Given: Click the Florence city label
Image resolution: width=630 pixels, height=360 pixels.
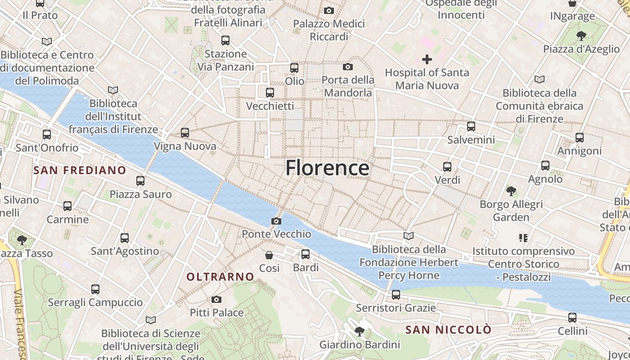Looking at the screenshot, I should point(327,168).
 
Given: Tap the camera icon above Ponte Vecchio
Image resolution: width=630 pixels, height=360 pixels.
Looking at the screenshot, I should point(276,221).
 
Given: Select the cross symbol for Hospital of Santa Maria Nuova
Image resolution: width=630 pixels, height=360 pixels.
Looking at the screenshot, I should point(427,59).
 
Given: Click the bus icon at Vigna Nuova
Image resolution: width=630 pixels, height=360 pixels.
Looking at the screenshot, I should point(185,133).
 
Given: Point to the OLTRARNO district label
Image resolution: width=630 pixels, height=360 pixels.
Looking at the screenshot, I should point(220,277).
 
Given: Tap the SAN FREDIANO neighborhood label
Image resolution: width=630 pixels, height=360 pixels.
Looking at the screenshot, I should point(80,170).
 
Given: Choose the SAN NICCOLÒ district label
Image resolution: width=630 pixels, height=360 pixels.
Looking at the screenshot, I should point(448,330).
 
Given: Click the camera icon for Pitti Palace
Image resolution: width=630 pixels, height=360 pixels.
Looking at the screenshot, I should point(216,299).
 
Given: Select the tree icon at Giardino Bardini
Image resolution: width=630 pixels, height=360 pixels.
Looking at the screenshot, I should point(359,332).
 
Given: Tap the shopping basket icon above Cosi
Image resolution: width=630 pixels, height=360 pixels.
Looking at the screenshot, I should point(269,255).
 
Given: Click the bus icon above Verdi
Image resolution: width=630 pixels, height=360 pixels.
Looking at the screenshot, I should point(447,167).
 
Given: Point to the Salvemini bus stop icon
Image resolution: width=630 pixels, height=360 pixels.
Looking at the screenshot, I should point(471,126).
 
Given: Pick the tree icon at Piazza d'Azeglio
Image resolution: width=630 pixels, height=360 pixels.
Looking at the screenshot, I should point(581,36).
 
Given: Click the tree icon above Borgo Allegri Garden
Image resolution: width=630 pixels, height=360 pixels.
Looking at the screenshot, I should point(511,191).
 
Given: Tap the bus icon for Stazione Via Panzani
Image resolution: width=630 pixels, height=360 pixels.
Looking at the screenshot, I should point(225,40).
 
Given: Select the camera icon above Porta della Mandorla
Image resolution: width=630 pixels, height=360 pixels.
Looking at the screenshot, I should point(347,67).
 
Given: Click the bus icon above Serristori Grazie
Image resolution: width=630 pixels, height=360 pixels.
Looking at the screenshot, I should point(396,295).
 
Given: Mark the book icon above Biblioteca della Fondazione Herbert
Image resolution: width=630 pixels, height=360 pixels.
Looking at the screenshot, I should point(408,236).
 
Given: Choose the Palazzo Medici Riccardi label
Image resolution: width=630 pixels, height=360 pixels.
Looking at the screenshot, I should point(329,30).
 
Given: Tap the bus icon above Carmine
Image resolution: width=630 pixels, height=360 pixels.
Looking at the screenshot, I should point(67,206).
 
